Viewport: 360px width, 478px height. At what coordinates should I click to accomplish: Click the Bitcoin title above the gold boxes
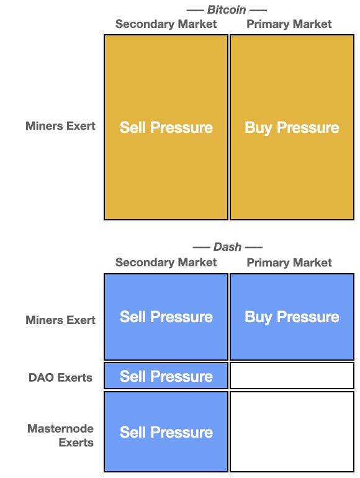[227, 10]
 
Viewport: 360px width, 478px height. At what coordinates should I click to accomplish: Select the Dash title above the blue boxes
[227, 246]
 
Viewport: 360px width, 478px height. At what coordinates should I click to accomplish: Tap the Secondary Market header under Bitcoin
[166, 24]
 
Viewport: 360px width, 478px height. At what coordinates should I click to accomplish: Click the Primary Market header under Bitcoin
[289, 24]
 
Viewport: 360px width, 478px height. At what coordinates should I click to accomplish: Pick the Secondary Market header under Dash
[166, 263]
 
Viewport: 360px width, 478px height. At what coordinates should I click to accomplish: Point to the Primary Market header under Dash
[289, 263]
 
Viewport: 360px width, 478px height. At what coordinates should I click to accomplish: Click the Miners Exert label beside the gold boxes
[60, 126]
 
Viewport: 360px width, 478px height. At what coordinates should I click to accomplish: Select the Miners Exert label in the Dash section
[60, 320]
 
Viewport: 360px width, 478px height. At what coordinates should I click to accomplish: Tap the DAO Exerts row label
[60, 377]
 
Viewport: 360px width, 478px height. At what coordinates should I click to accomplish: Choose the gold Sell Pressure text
[166, 127]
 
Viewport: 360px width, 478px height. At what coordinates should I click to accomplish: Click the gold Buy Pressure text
[292, 128]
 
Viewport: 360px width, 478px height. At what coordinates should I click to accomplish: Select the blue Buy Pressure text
[292, 317]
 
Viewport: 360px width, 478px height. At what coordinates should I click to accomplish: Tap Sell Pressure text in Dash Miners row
[166, 317]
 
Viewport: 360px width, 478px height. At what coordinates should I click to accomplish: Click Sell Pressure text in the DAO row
[166, 376]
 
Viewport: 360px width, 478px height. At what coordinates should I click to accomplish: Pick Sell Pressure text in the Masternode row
[166, 432]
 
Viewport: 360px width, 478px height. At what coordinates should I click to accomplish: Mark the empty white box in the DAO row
[292, 376]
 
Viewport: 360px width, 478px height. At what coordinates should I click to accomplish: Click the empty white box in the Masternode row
[292, 431]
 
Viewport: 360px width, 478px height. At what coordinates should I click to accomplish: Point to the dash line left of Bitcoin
[195, 11]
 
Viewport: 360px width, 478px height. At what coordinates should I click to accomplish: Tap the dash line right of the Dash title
[254, 247]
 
